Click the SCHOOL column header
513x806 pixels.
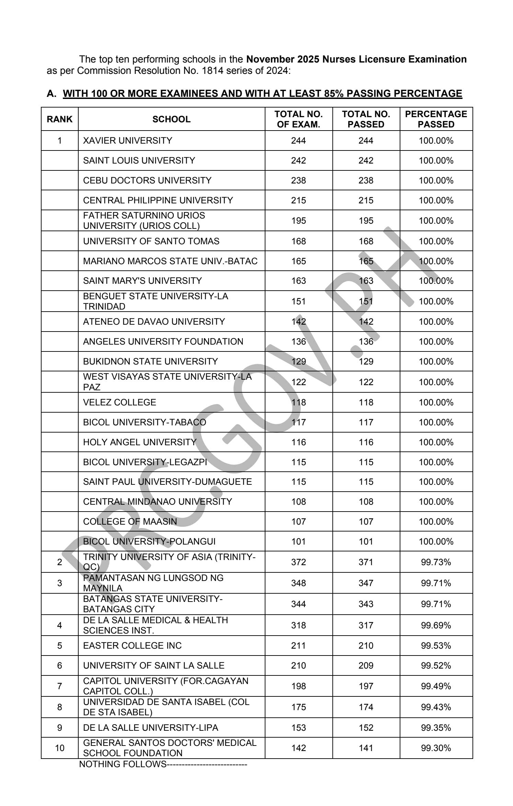pyautogui.click(x=171, y=119)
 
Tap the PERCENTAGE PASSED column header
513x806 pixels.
pyautogui.click(x=436, y=119)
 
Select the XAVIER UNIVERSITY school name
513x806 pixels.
pyautogui.click(x=127, y=141)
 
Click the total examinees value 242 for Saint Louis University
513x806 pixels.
pyautogui.click(x=298, y=160)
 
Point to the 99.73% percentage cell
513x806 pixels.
pyautogui.click(x=436, y=562)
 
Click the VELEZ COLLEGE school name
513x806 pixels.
pyautogui.click(x=119, y=402)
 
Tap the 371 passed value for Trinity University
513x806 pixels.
pyautogui.click(x=366, y=562)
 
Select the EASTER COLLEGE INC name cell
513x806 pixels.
pyautogui.click(x=132, y=646)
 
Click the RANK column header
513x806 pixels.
pyautogui.click(x=59, y=119)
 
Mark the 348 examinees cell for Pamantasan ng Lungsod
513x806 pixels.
pyautogui.click(x=298, y=583)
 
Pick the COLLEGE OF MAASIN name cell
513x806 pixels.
pyautogui.click(x=130, y=522)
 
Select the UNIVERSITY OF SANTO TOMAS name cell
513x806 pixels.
pyautogui.click(x=151, y=241)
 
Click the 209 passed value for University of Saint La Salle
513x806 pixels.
pyautogui.click(x=366, y=665)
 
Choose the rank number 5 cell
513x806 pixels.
pyautogui.click(x=59, y=646)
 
